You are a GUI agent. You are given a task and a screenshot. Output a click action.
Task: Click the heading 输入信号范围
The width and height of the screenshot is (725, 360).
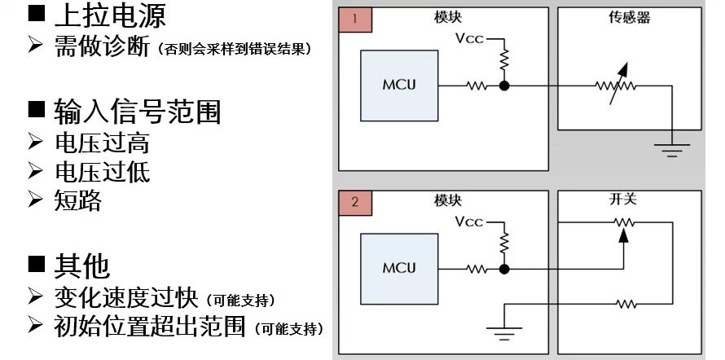(136, 112)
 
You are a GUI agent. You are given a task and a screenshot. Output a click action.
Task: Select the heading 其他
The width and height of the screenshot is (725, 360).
(81, 266)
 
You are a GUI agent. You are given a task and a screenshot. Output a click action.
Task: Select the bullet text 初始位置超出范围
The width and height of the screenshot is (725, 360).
(152, 327)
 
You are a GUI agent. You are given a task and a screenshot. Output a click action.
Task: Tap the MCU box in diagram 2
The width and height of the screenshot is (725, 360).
(399, 268)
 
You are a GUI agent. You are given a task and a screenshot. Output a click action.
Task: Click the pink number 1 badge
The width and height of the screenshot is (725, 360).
(355, 20)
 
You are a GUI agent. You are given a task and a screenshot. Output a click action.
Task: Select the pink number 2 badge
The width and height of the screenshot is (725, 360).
(355, 202)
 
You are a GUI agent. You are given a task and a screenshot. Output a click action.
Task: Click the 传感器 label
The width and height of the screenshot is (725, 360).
(629, 16)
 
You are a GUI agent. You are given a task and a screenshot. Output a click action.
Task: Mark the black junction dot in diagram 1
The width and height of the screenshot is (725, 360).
(505, 85)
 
